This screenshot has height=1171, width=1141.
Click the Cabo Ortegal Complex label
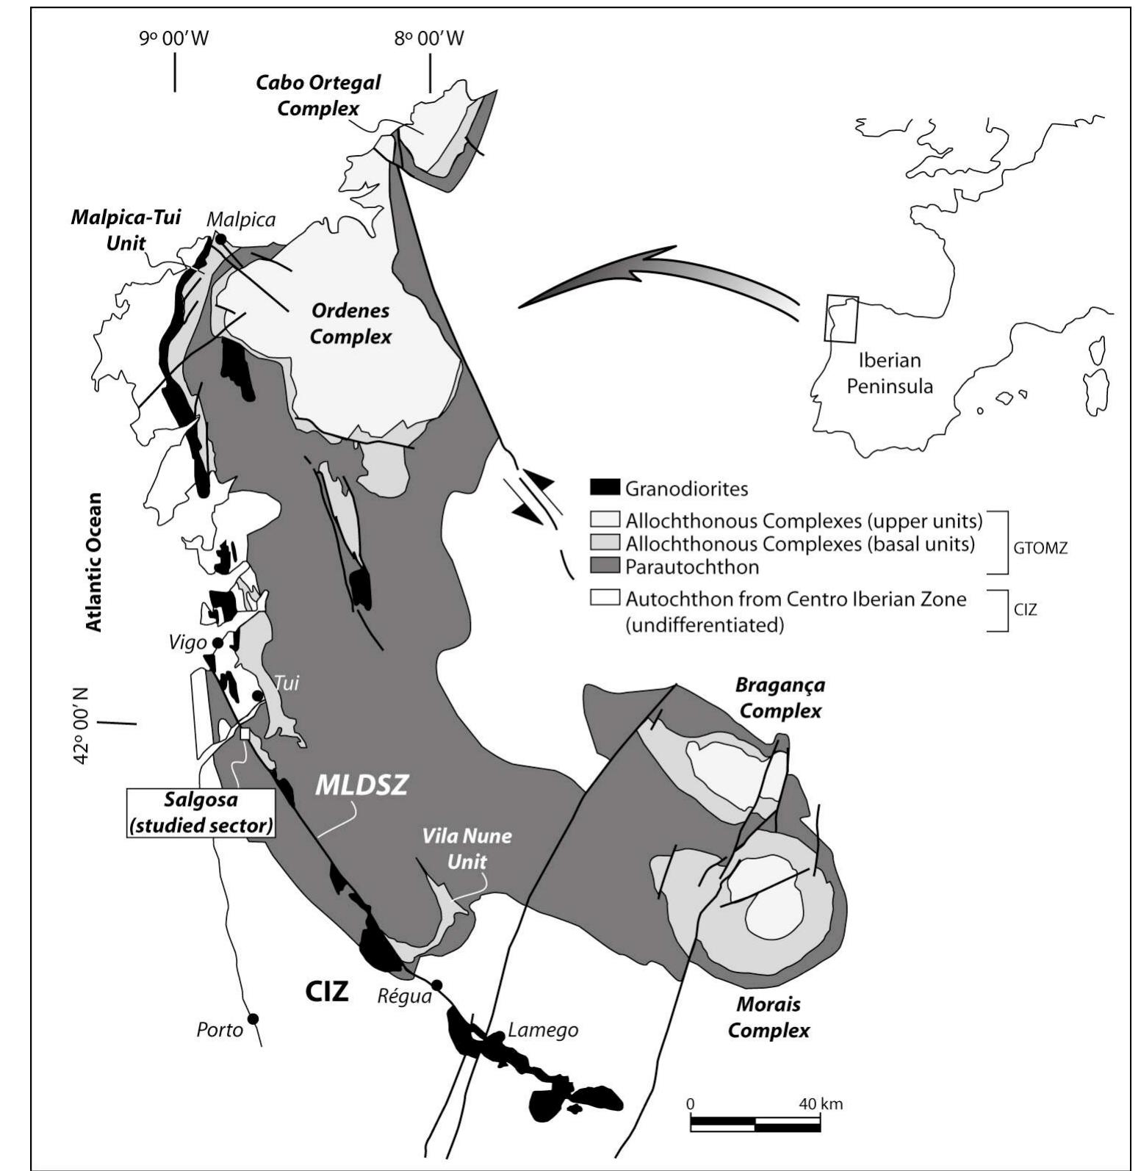tap(318, 95)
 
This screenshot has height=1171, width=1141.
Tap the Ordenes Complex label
tap(350, 323)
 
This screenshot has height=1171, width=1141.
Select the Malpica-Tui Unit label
tap(126, 230)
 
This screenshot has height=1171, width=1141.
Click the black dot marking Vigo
tap(217, 643)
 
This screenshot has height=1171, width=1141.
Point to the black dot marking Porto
tap(253, 1018)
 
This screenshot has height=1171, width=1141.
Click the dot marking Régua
tap(436, 984)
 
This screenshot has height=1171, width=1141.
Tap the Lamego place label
tap(543, 1030)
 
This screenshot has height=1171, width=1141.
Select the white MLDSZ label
tap(361, 785)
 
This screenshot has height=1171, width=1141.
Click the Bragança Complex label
tap(780, 698)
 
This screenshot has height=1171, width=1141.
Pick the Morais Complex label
tap(769, 1017)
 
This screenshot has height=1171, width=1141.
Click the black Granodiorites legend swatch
tap(605, 487)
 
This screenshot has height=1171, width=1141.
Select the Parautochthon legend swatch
tap(605, 566)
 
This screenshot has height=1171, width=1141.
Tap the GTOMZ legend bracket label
tap(1040, 548)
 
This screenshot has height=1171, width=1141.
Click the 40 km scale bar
tap(755, 1124)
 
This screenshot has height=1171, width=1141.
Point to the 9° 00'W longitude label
tap(174, 38)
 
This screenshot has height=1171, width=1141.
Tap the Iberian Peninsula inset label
tap(889, 373)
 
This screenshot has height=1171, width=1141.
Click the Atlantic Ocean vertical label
tap(93, 562)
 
